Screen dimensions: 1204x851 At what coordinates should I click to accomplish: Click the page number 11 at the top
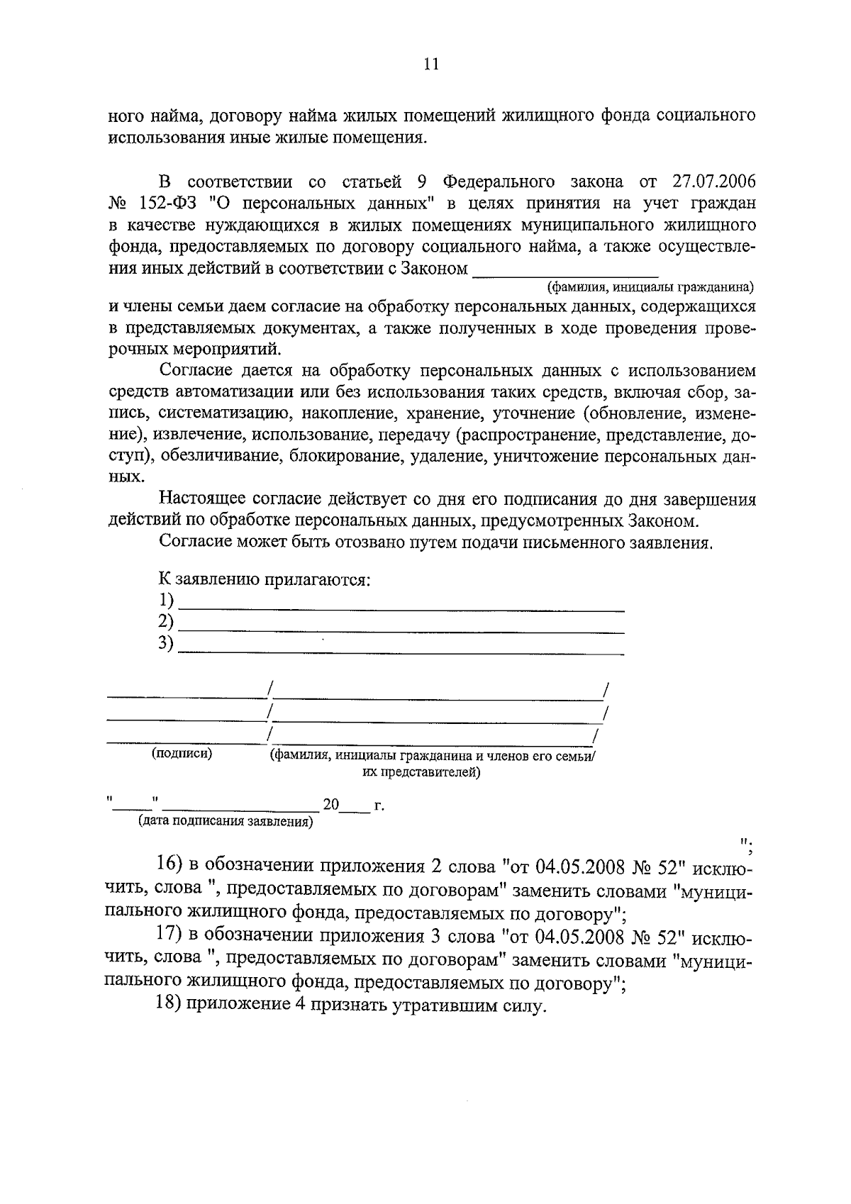click(430, 65)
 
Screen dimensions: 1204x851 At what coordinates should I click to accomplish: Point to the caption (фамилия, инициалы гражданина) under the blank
click(650, 287)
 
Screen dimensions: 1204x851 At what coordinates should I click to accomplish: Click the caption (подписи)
click(182, 754)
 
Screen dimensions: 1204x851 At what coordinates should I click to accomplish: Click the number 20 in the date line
click(331, 806)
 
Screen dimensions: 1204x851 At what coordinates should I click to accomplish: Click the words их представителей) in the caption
click(421, 772)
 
